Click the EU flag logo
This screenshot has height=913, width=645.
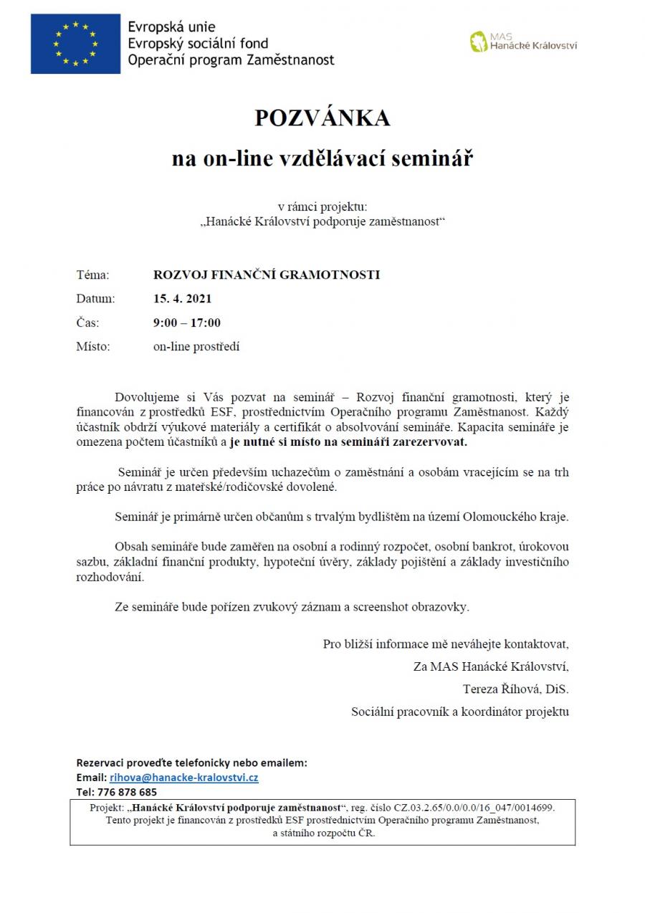[75, 44]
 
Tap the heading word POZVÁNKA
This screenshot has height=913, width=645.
[322, 118]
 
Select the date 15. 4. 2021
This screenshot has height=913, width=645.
[182, 299]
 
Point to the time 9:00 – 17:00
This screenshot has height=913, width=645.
[187, 322]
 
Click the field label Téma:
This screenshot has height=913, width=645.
[92, 274]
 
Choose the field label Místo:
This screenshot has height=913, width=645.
[93, 347]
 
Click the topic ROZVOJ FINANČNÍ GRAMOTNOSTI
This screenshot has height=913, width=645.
[267, 274]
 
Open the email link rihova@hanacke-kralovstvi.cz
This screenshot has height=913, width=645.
[183, 778]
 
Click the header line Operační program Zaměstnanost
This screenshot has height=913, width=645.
[231, 60]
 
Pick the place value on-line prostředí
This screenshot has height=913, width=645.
[196, 347]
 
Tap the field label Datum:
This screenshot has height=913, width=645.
[95, 299]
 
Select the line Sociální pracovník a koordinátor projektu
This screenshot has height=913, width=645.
[459, 712]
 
